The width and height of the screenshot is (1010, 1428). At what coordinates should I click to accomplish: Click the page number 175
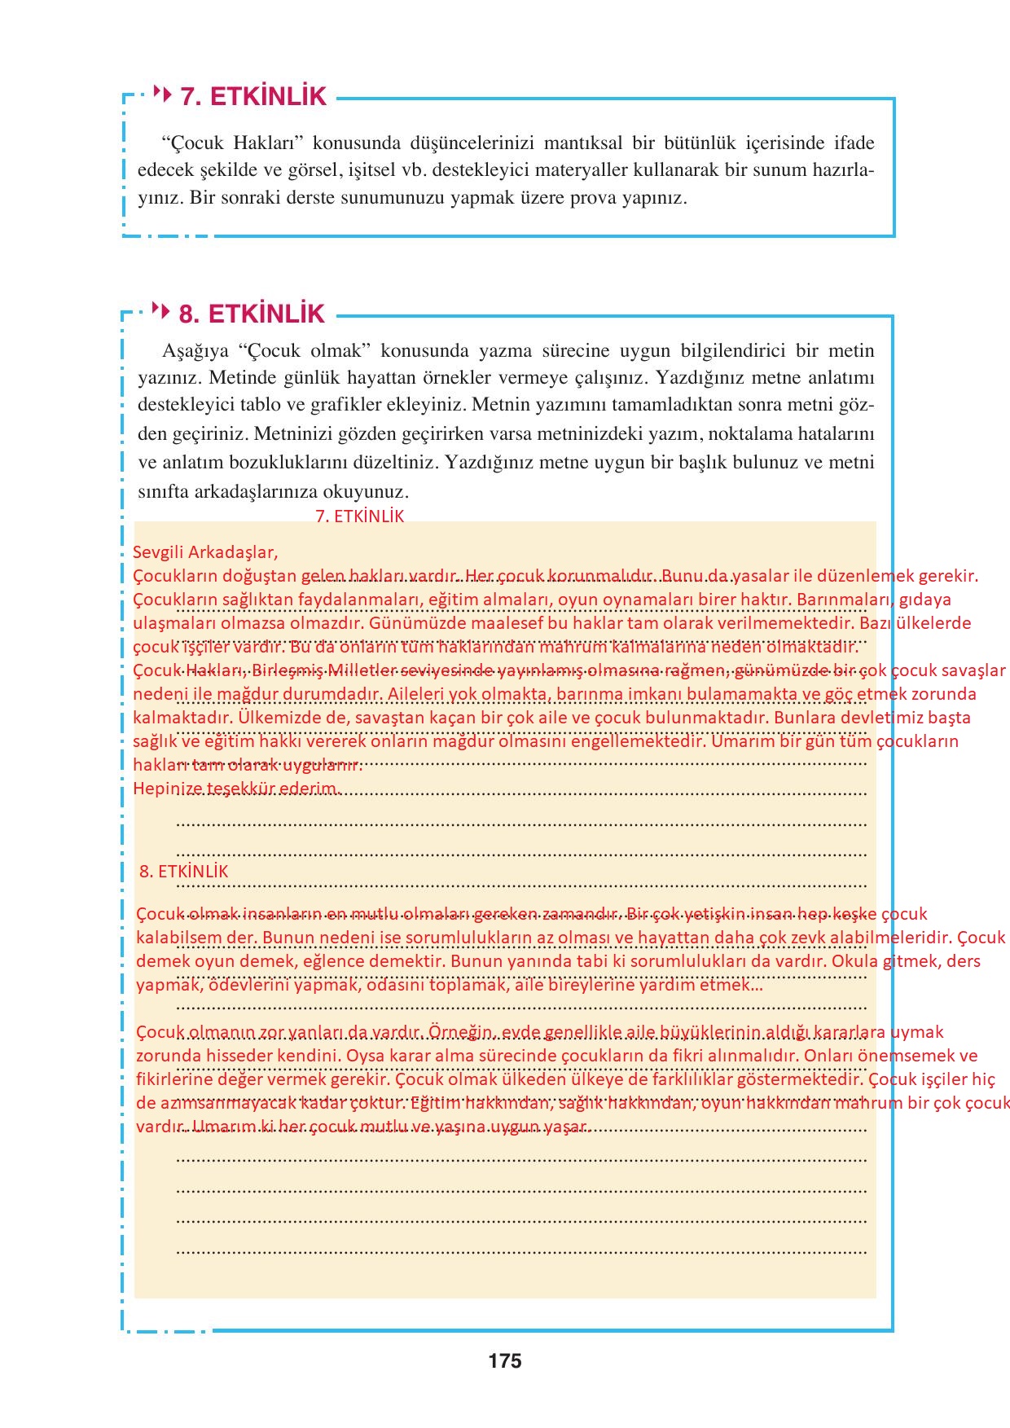(505, 1360)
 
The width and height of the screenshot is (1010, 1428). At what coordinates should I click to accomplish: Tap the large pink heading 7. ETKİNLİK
(253, 97)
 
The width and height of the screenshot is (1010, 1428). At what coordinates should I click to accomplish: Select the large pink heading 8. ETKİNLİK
(252, 314)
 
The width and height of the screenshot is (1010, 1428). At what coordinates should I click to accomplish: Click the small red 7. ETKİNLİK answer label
(359, 516)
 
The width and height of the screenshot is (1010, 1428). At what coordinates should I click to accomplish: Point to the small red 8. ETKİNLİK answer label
(184, 871)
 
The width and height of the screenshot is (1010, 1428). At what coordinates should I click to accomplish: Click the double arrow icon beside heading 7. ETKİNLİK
(163, 94)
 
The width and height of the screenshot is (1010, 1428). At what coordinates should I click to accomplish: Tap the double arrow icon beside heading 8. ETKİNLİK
(161, 311)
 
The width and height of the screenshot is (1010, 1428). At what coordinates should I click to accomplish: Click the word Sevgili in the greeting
(158, 551)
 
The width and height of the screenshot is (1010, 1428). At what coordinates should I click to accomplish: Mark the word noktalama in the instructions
(749, 433)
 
